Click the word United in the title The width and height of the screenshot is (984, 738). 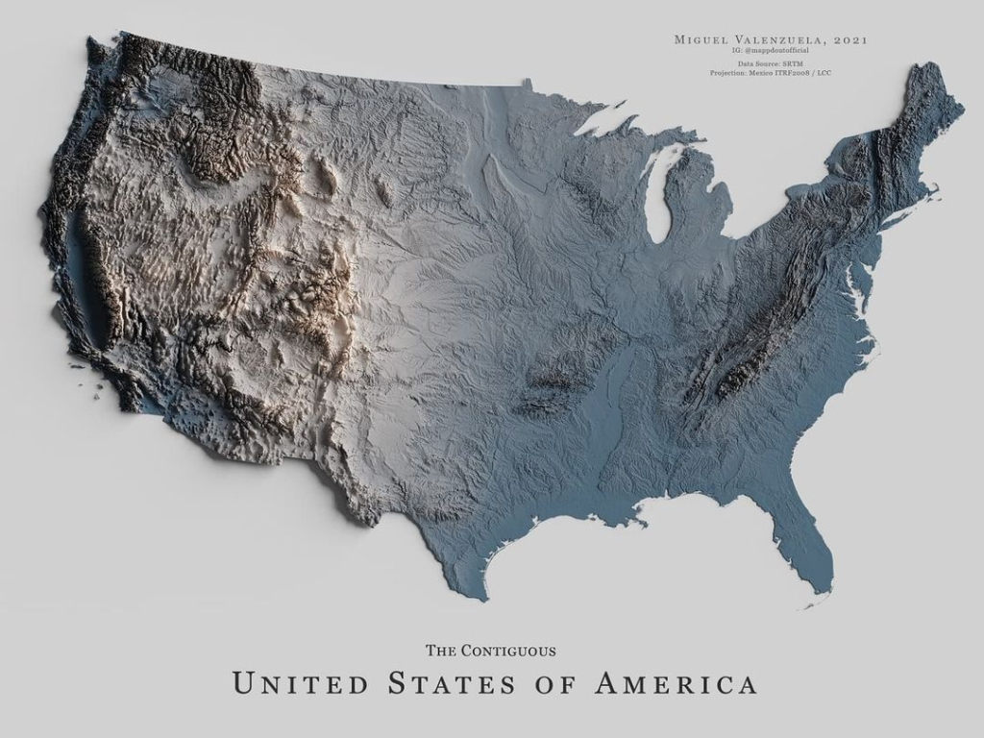click(x=300, y=684)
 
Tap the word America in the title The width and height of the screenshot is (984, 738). click(x=676, y=684)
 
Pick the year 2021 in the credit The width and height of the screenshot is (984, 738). click(x=850, y=39)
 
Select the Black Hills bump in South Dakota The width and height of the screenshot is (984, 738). click(x=385, y=191)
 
